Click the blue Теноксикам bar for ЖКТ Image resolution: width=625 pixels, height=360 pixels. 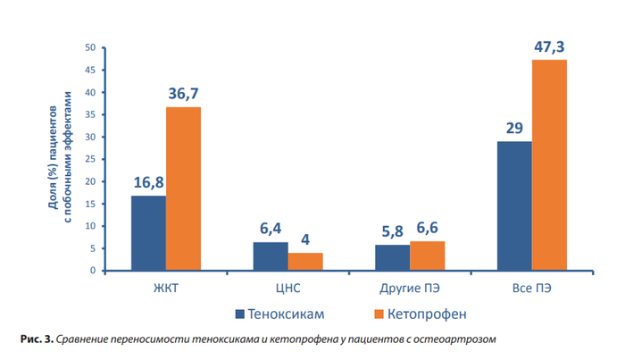[148, 232]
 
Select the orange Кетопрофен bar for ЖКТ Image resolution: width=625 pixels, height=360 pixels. [183, 188]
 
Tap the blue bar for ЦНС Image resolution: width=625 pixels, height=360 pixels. [270, 255]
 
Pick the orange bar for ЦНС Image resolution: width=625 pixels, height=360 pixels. [305, 261]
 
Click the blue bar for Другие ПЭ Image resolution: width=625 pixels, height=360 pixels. [392, 257]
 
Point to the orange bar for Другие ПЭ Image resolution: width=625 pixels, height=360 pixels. [427, 255]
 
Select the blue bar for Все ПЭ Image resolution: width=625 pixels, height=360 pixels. [514, 205]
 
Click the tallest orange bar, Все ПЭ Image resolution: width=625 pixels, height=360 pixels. [549, 164]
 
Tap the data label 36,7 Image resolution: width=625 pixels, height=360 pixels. [184, 94]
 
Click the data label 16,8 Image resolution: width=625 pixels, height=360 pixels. [149, 183]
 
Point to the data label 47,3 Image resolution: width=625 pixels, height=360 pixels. [550, 46]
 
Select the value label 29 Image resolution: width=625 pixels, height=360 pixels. [514, 129]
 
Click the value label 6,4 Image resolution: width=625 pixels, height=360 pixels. [271, 230]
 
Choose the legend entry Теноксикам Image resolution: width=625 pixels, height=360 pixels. [276, 314]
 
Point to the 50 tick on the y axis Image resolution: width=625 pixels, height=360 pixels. [91, 47]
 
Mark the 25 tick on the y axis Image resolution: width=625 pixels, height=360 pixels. [91, 159]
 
